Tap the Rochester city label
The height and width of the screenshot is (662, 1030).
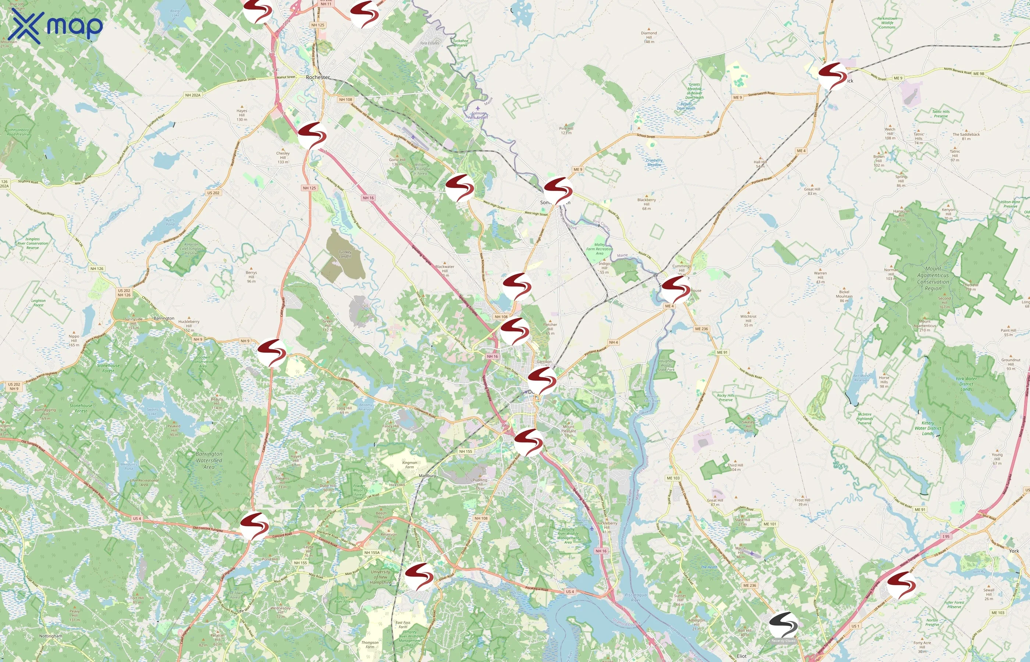tap(318, 77)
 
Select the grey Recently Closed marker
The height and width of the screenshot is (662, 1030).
tap(783, 626)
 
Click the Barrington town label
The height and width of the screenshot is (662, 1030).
tap(164, 318)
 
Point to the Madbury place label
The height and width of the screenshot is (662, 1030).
tap(427, 476)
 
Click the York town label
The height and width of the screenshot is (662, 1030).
tap(1014, 551)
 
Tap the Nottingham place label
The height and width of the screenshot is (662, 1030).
tap(50, 636)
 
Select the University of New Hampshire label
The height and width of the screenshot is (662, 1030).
tap(380, 577)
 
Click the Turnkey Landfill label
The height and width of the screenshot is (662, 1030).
tap(345, 254)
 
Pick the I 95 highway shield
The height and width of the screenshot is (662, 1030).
tap(946, 537)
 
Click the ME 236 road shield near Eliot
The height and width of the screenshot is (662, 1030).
tap(749, 586)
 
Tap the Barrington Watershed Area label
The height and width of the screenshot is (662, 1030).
tap(209, 460)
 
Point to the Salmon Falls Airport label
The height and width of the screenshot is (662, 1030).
tap(477, 115)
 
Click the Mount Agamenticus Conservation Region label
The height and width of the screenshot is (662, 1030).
tap(933, 278)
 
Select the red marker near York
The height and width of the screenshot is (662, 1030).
tap(901, 585)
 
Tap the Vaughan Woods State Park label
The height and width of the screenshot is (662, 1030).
tap(666, 366)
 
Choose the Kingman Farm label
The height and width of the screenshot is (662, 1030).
tap(409, 465)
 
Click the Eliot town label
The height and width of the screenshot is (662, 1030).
tap(742, 656)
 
